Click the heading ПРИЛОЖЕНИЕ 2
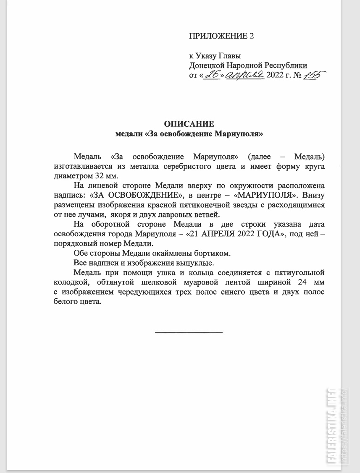click(221, 36)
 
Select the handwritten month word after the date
click(245, 75)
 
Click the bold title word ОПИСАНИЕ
click(189, 124)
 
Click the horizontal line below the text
click(189, 332)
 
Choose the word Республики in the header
click(285, 65)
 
